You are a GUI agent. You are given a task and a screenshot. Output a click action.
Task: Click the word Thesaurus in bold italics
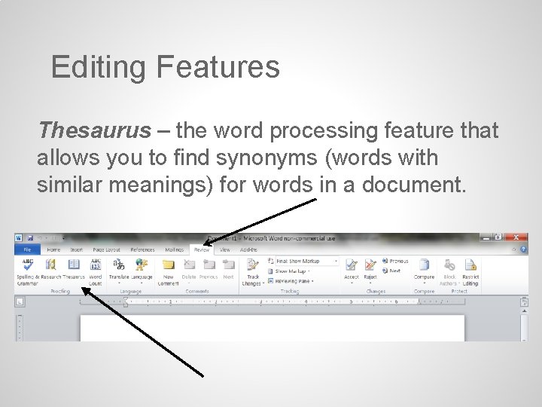tap(94, 131)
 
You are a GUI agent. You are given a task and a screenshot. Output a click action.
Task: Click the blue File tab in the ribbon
tap(28, 249)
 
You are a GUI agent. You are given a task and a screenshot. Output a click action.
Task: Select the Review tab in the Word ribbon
tap(202, 249)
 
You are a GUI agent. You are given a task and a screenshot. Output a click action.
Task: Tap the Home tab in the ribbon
tap(53, 249)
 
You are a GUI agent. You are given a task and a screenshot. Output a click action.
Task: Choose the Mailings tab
tap(174, 249)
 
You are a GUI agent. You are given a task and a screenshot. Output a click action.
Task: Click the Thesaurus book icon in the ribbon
tap(74, 265)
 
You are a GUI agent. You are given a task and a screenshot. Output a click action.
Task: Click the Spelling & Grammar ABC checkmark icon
tap(28, 265)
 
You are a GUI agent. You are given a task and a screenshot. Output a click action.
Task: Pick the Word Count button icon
tap(96, 265)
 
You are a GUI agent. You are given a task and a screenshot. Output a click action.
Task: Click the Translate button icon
tap(119, 265)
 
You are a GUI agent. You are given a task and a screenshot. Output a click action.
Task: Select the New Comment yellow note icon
tap(169, 265)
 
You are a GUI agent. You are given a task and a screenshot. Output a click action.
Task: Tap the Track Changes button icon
tap(252, 265)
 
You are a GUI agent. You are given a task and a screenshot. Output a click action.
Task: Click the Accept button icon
tap(351, 265)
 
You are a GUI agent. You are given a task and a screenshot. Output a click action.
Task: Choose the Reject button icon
tap(370, 265)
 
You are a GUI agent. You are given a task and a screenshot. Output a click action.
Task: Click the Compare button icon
tap(424, 265)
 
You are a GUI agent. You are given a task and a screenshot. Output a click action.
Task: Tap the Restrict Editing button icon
tap(470, 265)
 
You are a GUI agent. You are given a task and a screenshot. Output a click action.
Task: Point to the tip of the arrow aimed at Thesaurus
tap(82, 287)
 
